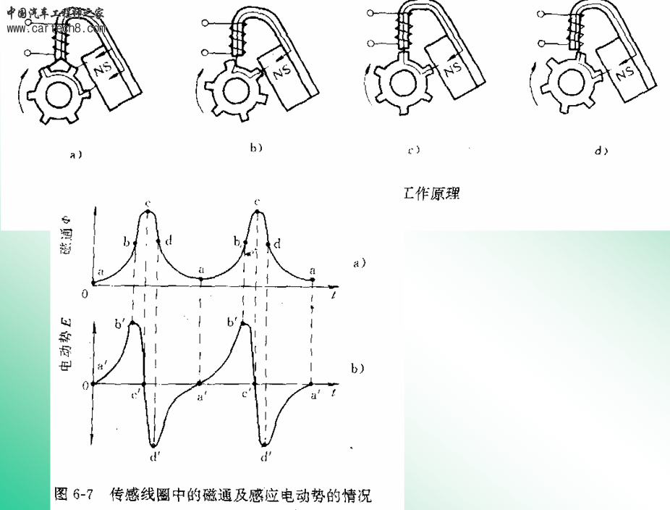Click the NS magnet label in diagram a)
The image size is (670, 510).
point(101,70)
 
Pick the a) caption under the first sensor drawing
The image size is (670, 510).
point(75,154)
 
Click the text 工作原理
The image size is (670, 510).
point(431,194)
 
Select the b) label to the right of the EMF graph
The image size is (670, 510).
point(357,368)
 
